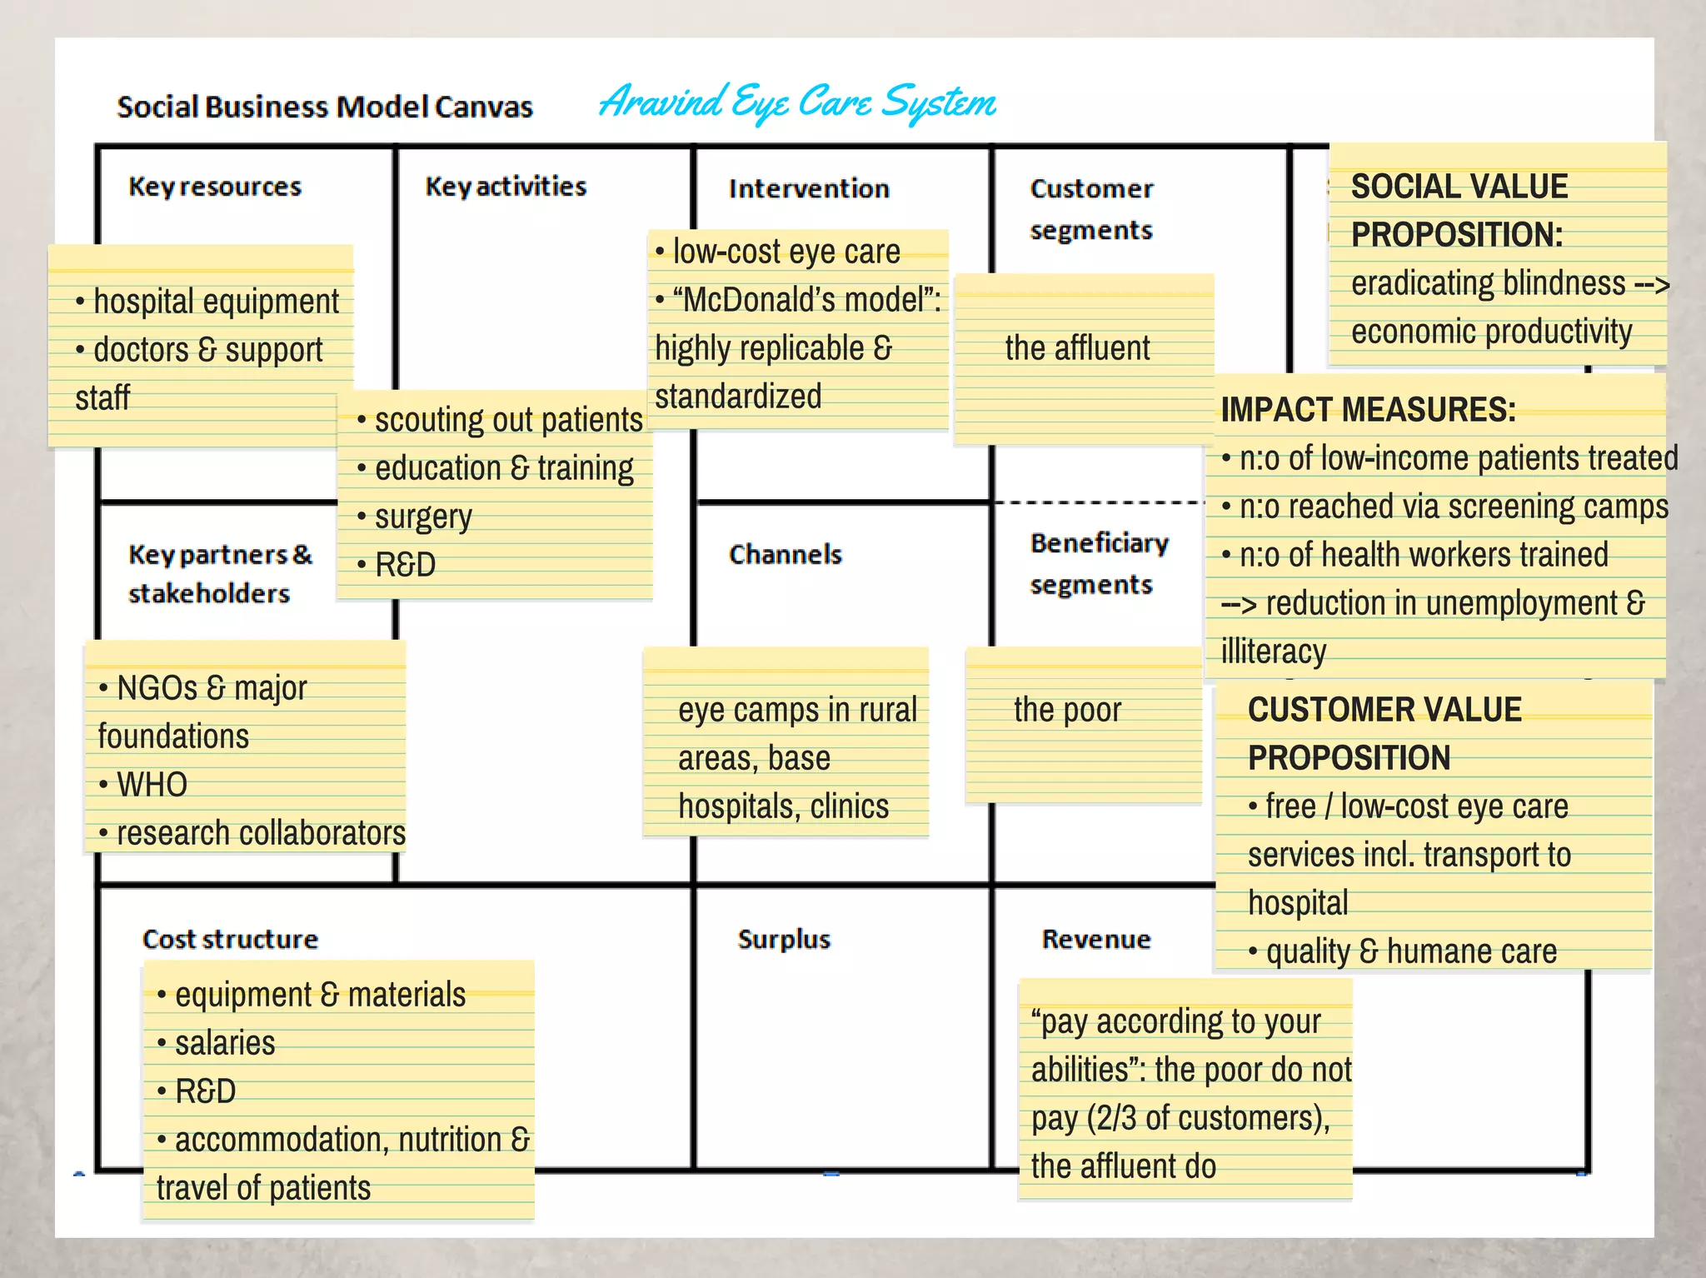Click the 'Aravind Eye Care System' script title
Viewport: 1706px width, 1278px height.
[x=797, y=103]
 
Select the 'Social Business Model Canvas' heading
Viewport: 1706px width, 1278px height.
[x=325, y=107]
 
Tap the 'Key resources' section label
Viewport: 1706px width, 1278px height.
[x=215, y=187]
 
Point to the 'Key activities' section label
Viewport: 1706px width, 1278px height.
[x=506, y=187]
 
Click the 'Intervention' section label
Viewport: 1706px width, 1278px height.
[x=809, y=189]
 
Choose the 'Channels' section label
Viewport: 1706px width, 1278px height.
[x=785, y=555]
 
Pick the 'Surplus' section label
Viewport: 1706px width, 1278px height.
[x=784, y=940]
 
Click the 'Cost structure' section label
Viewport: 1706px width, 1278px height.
[x=230, y=940]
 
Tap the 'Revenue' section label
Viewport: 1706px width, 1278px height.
[x=1096, y=940]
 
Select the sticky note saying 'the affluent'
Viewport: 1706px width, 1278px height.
[x=1077, y=348]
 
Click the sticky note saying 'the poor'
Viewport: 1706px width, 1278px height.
[x=1067, y=711]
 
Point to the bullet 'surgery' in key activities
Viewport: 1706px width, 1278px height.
[x=423, y=517]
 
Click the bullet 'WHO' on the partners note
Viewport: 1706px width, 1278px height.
[x=152, y=785]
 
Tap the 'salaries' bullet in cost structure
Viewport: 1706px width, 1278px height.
[x=225, y=1043]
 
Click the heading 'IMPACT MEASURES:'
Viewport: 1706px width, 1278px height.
[x=1368, y=410]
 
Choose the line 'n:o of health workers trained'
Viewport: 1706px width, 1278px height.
[x=1423, y=555]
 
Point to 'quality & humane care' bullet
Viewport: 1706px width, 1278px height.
[x=1411, y=951]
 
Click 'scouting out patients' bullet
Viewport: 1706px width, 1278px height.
[x=508, y=420]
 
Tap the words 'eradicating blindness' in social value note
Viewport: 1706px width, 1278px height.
[x=1488, y=284]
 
